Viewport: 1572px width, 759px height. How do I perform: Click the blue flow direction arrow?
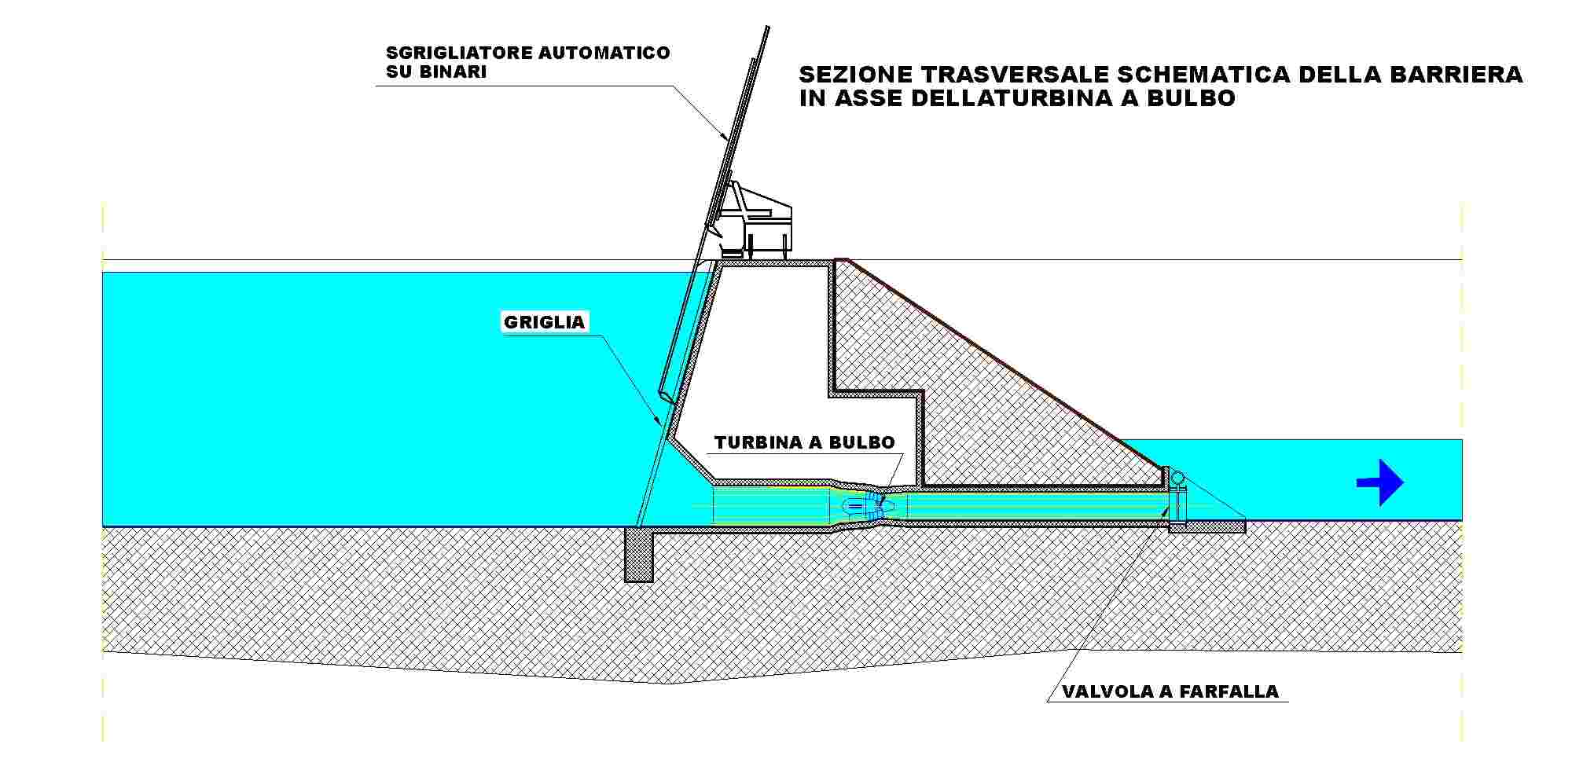pyautogui.click(x=1380, y=482)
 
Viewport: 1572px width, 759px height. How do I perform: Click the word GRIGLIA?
pyautogui.click(x=544, y=322)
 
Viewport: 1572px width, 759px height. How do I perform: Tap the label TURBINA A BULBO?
pyautogui.click(x=805, y=442)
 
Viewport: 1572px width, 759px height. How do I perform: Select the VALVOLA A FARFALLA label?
pyautogui.click(x=1170, y=691)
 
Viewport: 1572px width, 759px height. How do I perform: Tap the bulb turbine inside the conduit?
pyautogui.click(x=863, y=505)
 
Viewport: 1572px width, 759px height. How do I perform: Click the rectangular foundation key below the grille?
pyautogui.click(x=639, y=555)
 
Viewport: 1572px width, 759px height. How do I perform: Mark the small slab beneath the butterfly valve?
pyautogui.click(x=1207, y=526)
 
